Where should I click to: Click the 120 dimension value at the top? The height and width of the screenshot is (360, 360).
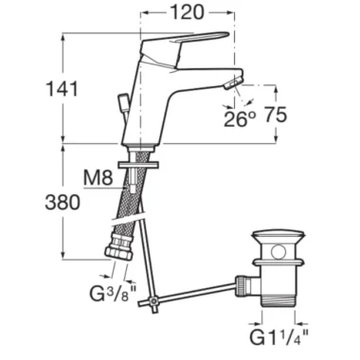188,12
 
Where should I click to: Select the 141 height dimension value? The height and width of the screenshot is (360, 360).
62,88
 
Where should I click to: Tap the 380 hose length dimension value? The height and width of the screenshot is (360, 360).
63,202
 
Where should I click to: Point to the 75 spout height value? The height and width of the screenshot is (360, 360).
275,115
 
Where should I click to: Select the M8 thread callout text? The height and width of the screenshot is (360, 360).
99,178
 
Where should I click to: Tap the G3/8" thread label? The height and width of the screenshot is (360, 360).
112,294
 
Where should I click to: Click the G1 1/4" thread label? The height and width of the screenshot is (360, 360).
279,337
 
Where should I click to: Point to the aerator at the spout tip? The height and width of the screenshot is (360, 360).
233,82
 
